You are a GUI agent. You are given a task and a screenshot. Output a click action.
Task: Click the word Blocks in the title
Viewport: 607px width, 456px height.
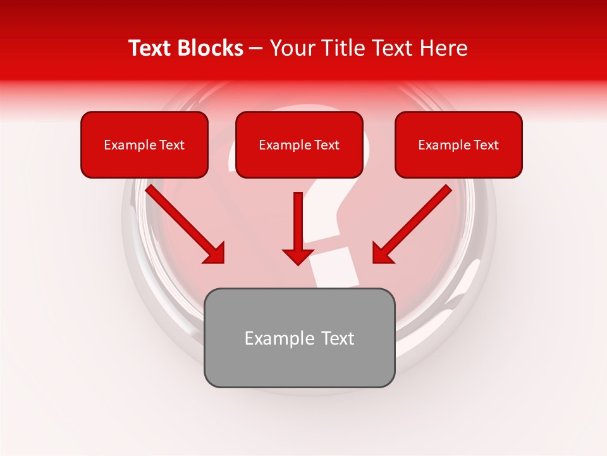point(210,48)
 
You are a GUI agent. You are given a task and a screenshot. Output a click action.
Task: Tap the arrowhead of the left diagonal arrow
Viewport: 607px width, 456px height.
point(215,253)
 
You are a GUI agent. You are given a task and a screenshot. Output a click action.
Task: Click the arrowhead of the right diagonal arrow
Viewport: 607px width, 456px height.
point(383,253)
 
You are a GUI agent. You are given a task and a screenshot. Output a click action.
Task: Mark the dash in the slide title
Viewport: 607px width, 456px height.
point(256,48)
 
